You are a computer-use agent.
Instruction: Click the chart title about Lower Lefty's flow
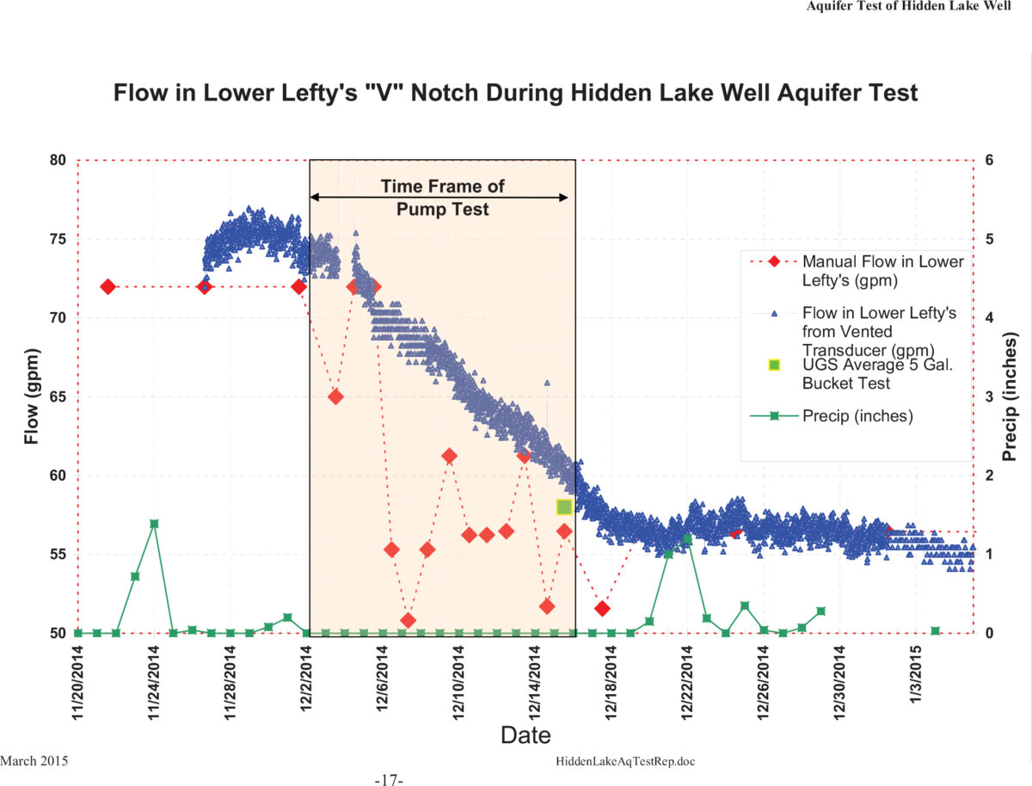click(516, 92)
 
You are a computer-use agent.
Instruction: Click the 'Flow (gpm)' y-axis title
click(32, 396)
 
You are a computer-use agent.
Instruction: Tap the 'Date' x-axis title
click(525, 734)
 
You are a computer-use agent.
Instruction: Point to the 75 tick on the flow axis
click(58, 239)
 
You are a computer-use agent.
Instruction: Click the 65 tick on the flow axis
click(58, 396)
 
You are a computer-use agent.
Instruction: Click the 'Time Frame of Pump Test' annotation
click(442, 197)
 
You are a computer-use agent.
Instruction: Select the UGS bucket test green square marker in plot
click(564, 507)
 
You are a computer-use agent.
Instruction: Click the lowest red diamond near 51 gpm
click(408, 620)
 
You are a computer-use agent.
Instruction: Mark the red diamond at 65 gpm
click(336, 396)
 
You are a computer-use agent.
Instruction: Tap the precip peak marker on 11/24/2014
click(154, 524)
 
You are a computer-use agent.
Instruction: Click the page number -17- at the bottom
click(389, 780)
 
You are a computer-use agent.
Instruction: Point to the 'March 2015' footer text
click(34, 761)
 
